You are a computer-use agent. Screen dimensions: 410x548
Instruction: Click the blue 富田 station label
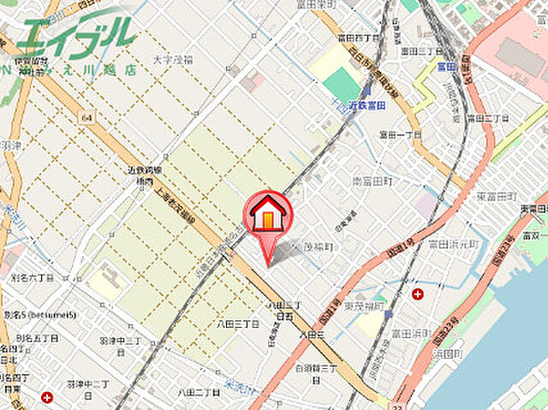(443, 65)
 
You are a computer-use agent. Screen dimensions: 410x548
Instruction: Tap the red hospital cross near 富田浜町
(417, 294)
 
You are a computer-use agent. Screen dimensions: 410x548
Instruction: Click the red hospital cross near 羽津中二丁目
(46, 397)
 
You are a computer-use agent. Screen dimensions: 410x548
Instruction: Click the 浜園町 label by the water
(446, 353)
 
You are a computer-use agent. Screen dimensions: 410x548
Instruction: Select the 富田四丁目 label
(359, 37)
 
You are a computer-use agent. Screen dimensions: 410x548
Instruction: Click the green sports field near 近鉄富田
(343, 85)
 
